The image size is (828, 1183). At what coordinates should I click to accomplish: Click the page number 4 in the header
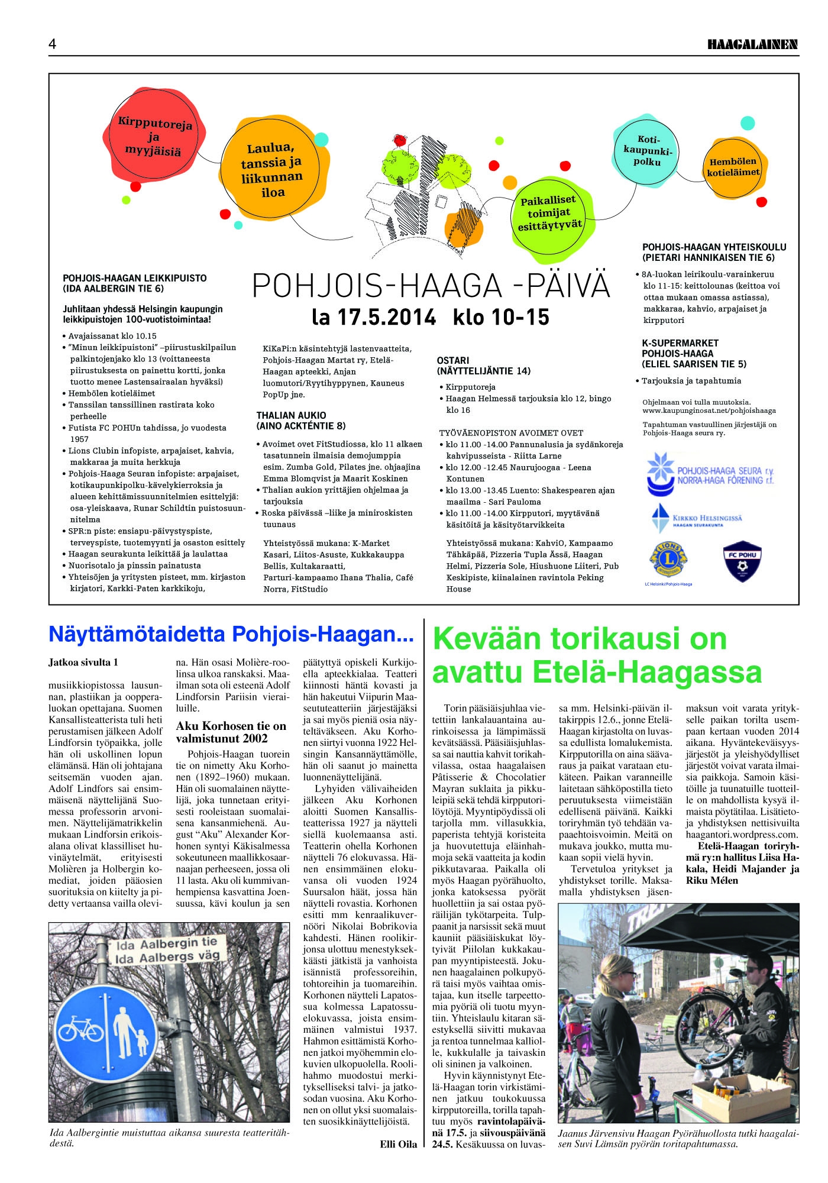click(x=53, y=44)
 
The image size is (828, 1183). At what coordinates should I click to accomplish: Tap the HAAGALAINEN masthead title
click(x=752, y=44)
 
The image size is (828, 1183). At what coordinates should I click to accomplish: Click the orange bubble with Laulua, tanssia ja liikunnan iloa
click(x=271, y=170)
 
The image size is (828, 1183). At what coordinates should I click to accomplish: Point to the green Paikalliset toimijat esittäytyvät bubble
click(x=549, y=213)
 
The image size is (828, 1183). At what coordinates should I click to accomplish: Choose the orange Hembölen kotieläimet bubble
click(x=733, y=167)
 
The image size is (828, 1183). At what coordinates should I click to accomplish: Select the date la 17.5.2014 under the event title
click(x=374, y=318)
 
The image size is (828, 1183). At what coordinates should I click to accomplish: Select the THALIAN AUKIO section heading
click(x=291, y=415)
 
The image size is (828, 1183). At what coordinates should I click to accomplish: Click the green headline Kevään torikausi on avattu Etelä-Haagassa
click(x=597, y=655)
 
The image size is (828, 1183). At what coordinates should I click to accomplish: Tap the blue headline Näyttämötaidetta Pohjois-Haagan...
click(x=231, y=634)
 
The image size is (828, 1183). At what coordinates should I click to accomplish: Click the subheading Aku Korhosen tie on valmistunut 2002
click(x=231, y=732)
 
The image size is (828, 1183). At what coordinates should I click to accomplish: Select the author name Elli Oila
click(x=398, y=1144)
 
